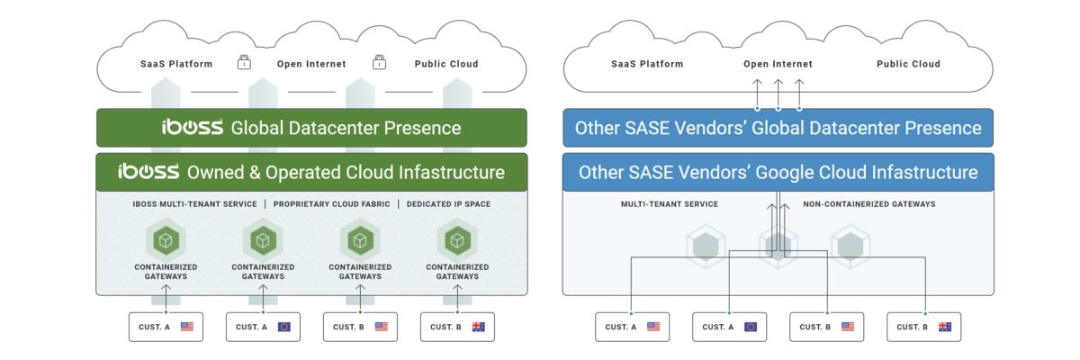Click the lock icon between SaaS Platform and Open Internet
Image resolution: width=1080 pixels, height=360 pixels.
243,63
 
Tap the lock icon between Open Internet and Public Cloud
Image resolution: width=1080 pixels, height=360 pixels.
380,63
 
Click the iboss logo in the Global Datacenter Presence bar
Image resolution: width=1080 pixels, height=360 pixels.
193,127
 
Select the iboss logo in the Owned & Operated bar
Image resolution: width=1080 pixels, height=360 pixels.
148,171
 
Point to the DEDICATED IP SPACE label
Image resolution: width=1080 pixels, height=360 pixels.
448,204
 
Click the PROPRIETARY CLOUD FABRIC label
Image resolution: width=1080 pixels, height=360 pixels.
331,204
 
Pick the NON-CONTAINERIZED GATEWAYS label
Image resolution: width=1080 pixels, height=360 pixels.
868,204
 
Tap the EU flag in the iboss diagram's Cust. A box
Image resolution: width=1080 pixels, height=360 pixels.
283,327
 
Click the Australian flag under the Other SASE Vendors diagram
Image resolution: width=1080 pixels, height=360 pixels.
944,327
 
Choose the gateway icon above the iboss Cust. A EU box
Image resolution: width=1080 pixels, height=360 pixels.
262,240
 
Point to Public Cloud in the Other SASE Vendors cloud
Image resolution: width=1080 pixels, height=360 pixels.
908,64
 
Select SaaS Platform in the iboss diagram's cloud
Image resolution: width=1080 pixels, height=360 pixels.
176,64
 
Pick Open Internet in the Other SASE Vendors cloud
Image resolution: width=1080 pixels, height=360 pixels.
778,64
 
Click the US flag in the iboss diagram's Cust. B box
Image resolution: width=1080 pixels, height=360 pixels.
381,327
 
